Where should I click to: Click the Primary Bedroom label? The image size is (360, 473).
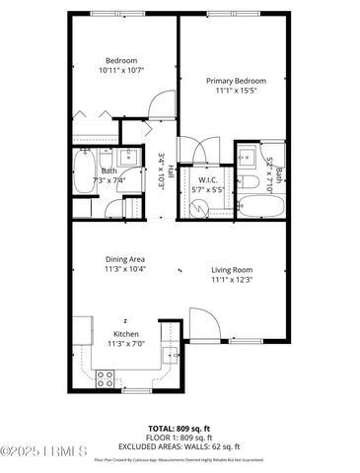(x=233, y=81)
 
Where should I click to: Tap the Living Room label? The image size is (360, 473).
(x=232, y=269)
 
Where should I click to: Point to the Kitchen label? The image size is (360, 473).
(x=126, y=334)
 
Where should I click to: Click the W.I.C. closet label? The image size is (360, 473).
(x=208, y=179)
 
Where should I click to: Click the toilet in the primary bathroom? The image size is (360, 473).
(x=251, y=182)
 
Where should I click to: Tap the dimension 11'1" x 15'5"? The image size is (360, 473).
(x=233, y=91)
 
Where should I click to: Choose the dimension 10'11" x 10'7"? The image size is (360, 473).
(x=121, y=70)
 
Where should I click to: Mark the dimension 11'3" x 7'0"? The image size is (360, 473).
(x=126, y=344)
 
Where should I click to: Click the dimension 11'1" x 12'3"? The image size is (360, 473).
(x=232, y=280)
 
